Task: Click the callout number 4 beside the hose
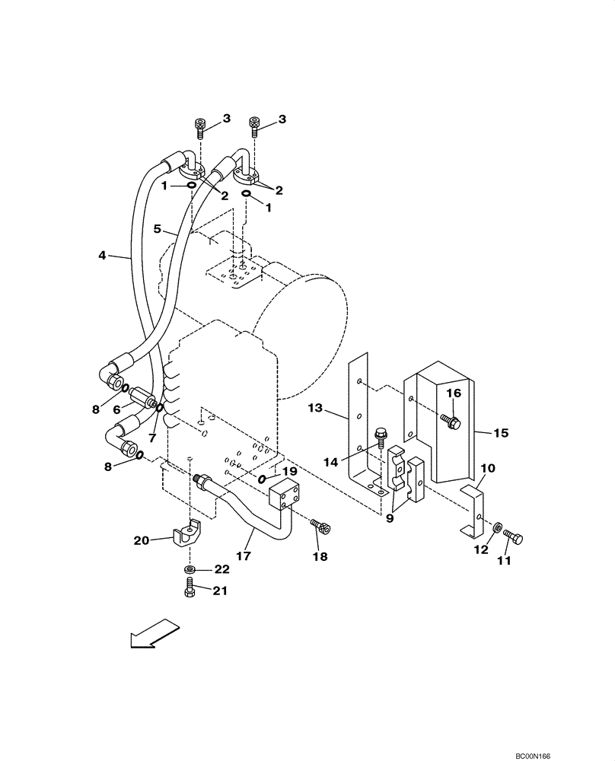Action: [x=102, y=256]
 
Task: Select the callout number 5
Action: [x=158, y=228]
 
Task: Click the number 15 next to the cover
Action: [x=500, y=433]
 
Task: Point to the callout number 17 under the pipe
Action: [x=243, y=556]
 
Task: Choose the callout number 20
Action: [x=142, y=540]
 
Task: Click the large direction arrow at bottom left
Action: [x=155, y=634]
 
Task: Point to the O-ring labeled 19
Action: [x=263, y=479]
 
